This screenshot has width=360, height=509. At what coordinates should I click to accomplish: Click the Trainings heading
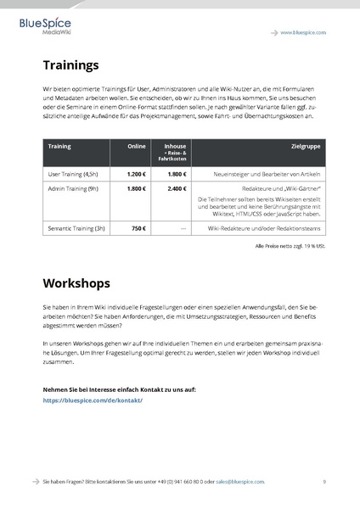tap(71, 64)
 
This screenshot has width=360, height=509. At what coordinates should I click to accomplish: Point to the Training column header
tap(59, 146)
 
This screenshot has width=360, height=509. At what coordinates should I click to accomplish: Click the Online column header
tap(136, 146)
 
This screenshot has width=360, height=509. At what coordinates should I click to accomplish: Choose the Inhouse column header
tap(175, 146)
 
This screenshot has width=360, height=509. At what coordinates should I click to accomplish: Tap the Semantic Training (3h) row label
tap(76, 229)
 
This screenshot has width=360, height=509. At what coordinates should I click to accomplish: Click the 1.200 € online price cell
tap(136, 173)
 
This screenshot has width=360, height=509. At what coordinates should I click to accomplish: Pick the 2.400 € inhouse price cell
tap(177, 188)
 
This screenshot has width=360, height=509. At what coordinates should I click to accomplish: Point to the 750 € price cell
tap(138, 229)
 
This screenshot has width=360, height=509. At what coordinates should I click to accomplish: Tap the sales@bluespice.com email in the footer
tap(239, 481)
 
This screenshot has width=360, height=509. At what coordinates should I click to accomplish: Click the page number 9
tap(324, 481)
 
